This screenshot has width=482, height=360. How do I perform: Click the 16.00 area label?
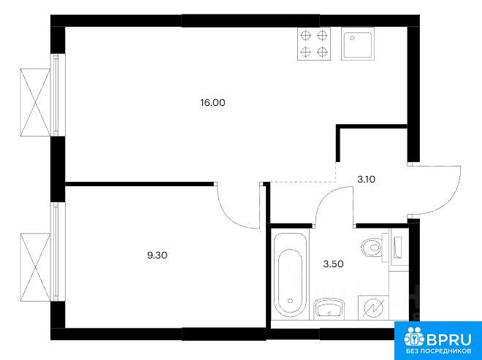(213, 103)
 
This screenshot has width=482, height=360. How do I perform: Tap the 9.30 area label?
(157, 255)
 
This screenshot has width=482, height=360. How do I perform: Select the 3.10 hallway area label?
(366, 179)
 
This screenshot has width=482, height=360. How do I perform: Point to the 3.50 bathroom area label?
(333, 264)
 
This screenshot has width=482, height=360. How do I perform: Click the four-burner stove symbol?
(314, 44)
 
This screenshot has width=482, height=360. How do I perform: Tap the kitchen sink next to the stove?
(358, 44)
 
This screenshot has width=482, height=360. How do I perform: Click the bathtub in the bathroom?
(291, 275)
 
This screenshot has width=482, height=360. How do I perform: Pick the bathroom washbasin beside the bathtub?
(329, 308)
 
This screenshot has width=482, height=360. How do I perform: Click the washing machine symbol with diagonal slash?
(373, 307)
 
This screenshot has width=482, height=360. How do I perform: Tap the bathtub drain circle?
(290, 300)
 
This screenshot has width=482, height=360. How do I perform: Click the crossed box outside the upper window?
(35, 102)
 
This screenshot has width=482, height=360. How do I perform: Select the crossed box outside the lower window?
(35, 267)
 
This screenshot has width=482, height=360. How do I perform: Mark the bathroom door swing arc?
(326, 196)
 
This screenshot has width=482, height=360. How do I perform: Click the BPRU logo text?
(449, 339)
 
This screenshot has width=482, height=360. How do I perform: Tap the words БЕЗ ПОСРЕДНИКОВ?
(439, 351)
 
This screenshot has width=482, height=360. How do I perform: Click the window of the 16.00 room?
(57, 95)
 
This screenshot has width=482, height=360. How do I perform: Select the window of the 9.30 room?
(57, 251)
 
